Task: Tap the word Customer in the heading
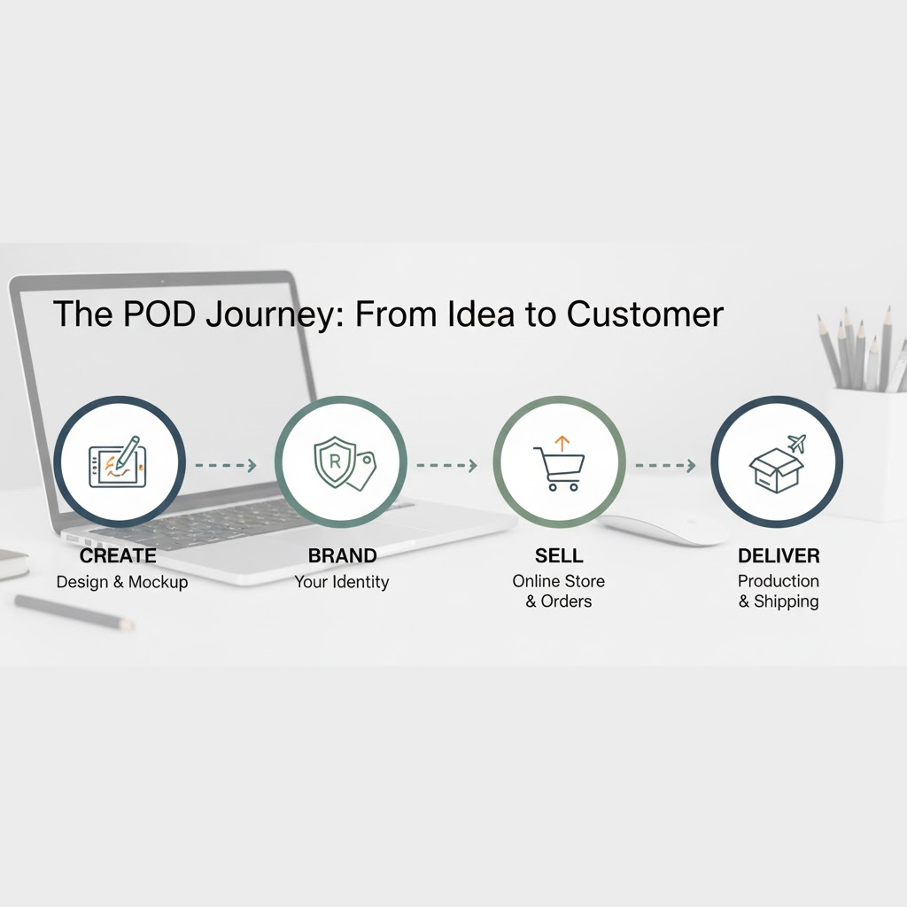pyautogui.click(x=645, y=314)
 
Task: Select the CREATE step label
pyautogui.click(x=118, y=556)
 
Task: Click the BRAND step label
pyautogui.click(x=342, y=556)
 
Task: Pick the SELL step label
pyautogui.click(x=559, y=556)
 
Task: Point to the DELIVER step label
pyautogui.click(x=779, y=556)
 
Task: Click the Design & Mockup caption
pyautogui.click(x=122, y=582)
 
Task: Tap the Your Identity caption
pyautogui.click(x=342, y=582)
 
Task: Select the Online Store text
pyautogui.click(x=559, y=581)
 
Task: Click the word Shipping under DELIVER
pyautogui.click(x=786, y=602)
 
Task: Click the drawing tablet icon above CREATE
pyautogui.click(x=117, y=462)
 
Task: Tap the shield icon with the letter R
pyautogui.click(x=335, y=461)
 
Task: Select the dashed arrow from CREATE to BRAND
pyautogui.click(x=225, y=464)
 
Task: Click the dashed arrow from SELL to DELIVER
pyautogui.click(x=665, y=464)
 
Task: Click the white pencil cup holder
pyautogui.click(x=866, y=452)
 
